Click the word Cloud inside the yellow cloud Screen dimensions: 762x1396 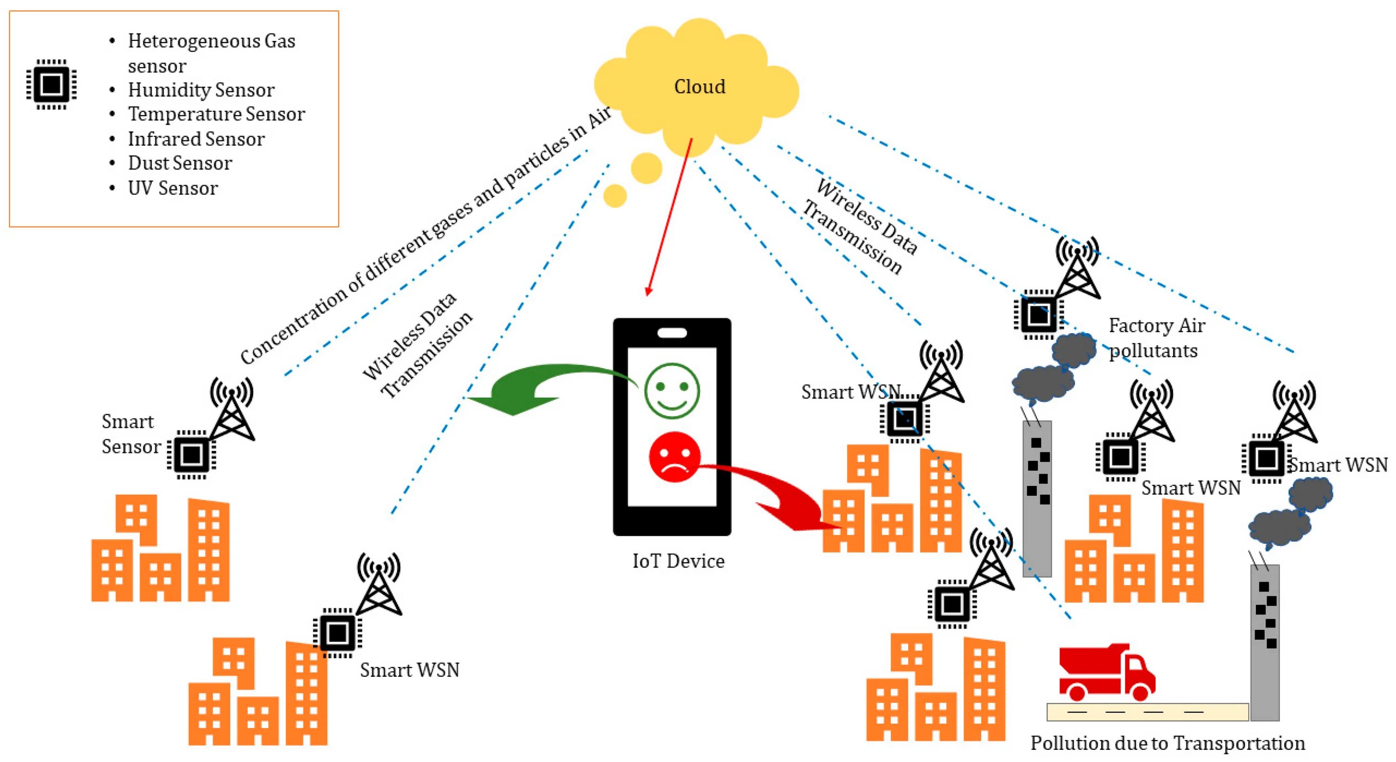tap(699, 87)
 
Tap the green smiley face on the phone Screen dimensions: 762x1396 tap(672, 391)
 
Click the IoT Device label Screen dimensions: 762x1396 tap(678, 561)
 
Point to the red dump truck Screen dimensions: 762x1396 tap(1106, 672)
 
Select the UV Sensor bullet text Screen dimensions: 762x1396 tap(172, 188)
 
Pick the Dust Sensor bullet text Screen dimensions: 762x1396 tap(180, 163)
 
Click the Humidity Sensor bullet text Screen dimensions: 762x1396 tap(201, 90)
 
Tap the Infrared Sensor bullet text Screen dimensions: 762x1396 tap(196, 139)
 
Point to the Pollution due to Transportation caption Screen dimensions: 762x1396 tap(1168, 743)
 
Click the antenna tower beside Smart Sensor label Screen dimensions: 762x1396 tap(232, 409)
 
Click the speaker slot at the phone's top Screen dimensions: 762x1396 tap(672, 333)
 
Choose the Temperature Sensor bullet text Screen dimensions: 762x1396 tap(216, 115)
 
